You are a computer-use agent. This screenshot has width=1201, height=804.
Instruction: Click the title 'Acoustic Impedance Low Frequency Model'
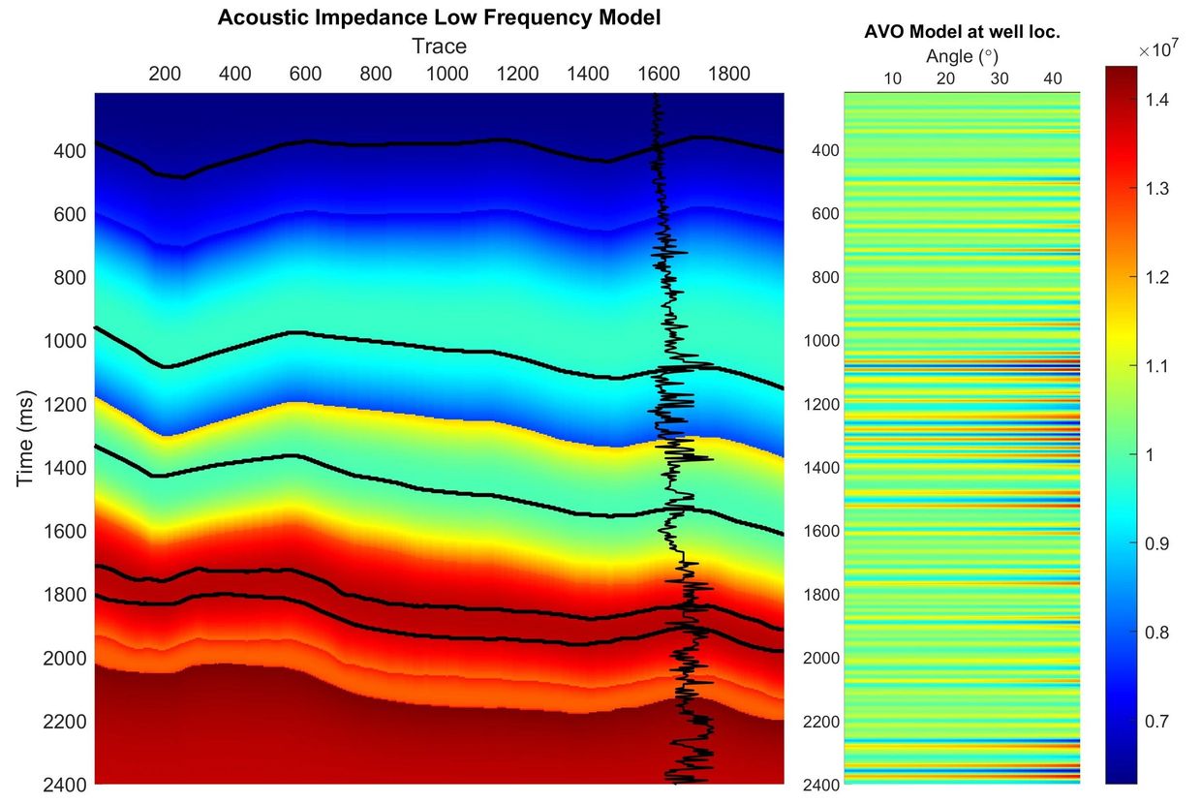(x=439, y=17)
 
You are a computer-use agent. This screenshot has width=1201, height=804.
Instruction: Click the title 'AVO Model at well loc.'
(x=962, y=32)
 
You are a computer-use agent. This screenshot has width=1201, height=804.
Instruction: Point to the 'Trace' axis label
(x=439, y=46)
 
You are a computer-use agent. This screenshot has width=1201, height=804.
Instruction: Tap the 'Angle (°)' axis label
(x=962, y=56)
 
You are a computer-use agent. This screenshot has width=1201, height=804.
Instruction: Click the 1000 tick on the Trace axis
(x=447, y=75)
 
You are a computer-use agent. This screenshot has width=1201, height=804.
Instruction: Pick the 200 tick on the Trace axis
(x=165, y=75)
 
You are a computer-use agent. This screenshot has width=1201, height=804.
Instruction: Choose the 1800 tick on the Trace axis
(x=728, y=75)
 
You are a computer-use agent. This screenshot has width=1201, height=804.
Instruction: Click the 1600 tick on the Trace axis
(x=659, y=75)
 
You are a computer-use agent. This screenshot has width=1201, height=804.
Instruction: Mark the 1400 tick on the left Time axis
(x=63, y=468)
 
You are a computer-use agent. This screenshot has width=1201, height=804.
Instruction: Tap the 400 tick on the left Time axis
(x=70, y=151)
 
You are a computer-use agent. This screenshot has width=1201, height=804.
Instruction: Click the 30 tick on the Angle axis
(x=1000, y=78)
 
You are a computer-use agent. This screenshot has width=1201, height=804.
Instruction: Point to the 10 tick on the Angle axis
(x=893, y=78)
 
